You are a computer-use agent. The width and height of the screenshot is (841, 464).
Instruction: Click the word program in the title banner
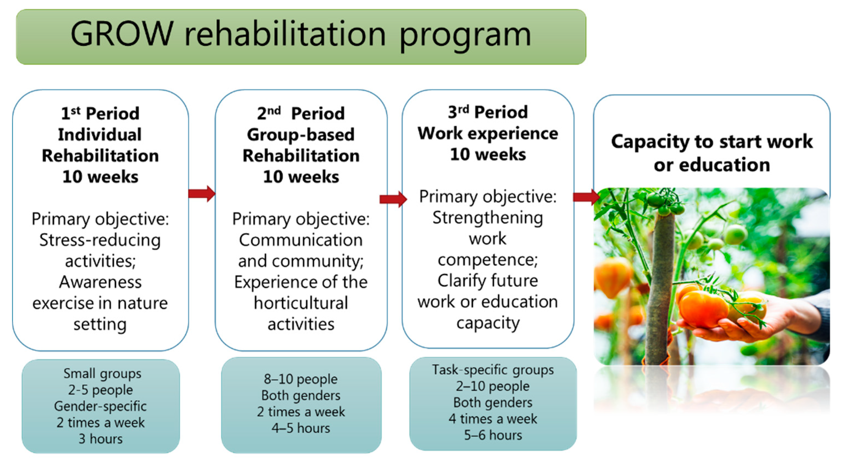[465, 37]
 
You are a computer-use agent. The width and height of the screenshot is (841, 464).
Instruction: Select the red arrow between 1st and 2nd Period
[202, 194]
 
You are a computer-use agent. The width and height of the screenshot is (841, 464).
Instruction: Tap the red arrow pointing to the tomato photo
[587, 197]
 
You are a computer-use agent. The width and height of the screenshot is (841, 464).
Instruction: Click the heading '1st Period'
[100, 113]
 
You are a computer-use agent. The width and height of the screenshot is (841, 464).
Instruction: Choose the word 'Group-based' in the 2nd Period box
[301, 134]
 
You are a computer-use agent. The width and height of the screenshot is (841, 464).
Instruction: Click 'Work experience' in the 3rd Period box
[488, 134]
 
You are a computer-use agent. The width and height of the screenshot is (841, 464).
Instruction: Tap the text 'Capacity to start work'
[712, 141]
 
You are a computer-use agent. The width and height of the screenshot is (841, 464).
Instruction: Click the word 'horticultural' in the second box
[301, 303]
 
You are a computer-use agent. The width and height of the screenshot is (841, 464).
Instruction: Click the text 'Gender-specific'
[100, 407]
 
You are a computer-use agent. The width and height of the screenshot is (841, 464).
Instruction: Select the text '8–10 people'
[301, 379]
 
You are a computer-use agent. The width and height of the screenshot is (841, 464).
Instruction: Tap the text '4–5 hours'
[301, 428]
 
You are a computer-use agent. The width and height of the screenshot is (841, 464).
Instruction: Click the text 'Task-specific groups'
[493, 370]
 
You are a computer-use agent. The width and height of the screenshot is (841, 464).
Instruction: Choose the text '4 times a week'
[493, 419]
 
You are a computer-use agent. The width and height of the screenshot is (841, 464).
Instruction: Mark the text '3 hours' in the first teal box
[101, 439]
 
